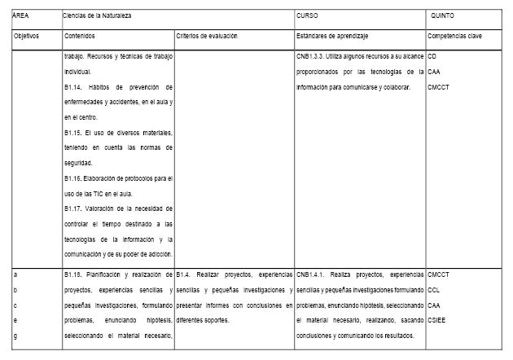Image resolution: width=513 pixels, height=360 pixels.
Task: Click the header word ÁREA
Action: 21,15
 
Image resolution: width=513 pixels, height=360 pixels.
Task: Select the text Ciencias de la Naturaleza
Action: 97,15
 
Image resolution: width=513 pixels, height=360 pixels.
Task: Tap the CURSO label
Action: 307,15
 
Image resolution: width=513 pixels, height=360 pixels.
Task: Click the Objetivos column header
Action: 28,37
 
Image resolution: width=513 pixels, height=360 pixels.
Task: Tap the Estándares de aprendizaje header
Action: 332,37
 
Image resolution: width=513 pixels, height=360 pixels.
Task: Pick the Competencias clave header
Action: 454,37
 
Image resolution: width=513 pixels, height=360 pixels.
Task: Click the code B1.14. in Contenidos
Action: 74,87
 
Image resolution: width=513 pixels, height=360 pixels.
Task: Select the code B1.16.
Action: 74,177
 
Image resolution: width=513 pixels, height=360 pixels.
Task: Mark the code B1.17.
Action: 74,207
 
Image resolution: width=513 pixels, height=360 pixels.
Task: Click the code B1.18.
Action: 74,274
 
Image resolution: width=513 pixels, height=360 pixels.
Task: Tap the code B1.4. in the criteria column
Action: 186,274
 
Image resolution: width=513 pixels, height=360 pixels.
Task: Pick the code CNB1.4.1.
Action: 313,274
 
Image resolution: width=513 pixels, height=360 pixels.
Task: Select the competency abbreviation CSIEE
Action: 437,320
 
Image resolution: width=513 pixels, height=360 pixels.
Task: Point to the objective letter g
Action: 16,336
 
